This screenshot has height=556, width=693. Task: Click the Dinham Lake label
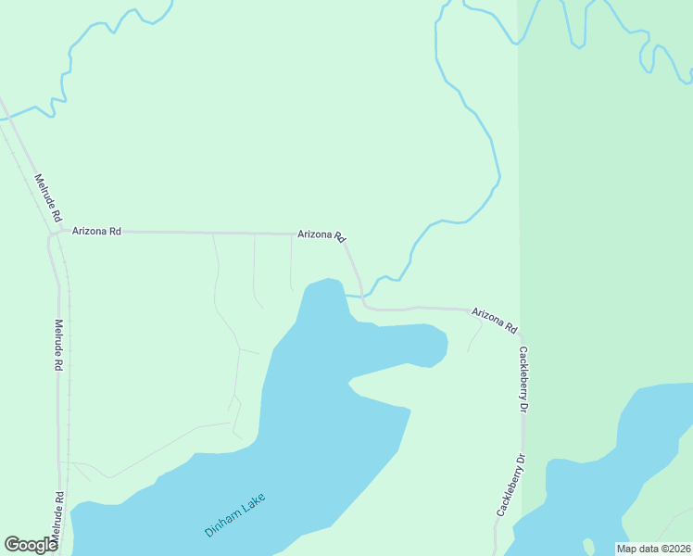235,516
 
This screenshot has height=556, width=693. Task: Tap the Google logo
31,545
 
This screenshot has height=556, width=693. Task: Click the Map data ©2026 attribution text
653,549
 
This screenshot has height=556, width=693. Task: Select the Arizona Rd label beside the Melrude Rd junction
97,231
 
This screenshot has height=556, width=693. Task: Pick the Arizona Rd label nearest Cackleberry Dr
494,320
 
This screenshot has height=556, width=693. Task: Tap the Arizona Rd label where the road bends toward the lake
321,235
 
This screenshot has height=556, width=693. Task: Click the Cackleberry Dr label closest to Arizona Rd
523,379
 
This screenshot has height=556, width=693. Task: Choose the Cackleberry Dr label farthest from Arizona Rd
510,485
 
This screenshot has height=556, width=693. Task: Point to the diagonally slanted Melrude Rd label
48,197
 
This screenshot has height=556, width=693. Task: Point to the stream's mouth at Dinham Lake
346,296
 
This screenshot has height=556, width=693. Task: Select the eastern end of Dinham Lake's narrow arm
446,345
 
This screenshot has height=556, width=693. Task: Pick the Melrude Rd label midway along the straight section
57,345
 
